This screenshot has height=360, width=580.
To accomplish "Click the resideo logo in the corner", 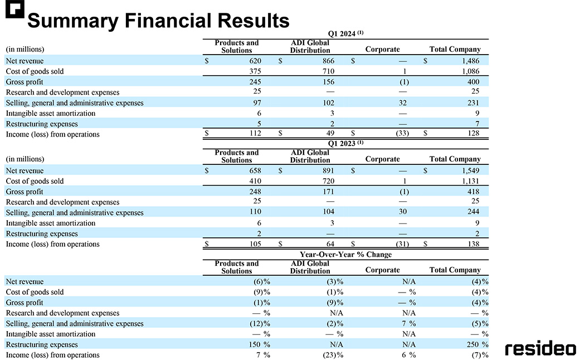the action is (540, 348).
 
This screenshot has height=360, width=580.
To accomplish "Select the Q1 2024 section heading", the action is (345, 33).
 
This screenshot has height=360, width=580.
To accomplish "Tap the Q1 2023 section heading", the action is (345, 143).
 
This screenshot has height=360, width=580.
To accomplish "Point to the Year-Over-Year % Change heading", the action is (345, 254).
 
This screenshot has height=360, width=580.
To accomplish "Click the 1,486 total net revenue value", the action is (470, 61).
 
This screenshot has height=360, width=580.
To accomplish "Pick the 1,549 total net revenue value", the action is (470, 171).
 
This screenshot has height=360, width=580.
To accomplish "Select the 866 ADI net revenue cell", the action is (328, 61).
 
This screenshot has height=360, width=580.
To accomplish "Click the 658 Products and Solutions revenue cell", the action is (255, 171).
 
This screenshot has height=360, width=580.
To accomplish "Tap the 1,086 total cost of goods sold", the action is (470, 71).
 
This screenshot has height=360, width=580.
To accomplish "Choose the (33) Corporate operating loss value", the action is (402, 133).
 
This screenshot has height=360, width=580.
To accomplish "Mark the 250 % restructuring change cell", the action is (477, 344).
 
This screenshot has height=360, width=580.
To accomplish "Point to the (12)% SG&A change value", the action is (260, 323).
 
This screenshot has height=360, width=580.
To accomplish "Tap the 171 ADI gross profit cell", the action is (328, 192).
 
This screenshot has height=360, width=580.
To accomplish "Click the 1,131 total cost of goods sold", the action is (470, 181).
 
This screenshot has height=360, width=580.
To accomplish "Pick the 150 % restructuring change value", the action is (259, 344).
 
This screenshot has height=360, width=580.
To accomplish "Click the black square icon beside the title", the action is (15, 9).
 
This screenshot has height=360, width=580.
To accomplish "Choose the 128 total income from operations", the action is (473, 133).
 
